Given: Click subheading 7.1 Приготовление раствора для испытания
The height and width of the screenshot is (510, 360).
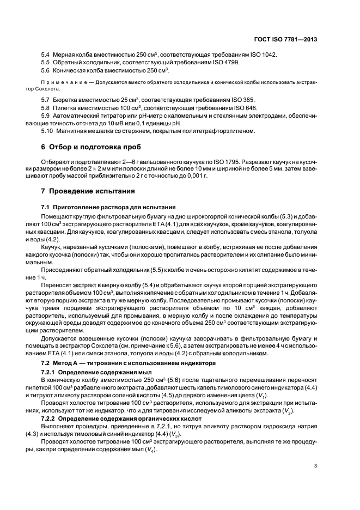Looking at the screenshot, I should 109,207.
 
